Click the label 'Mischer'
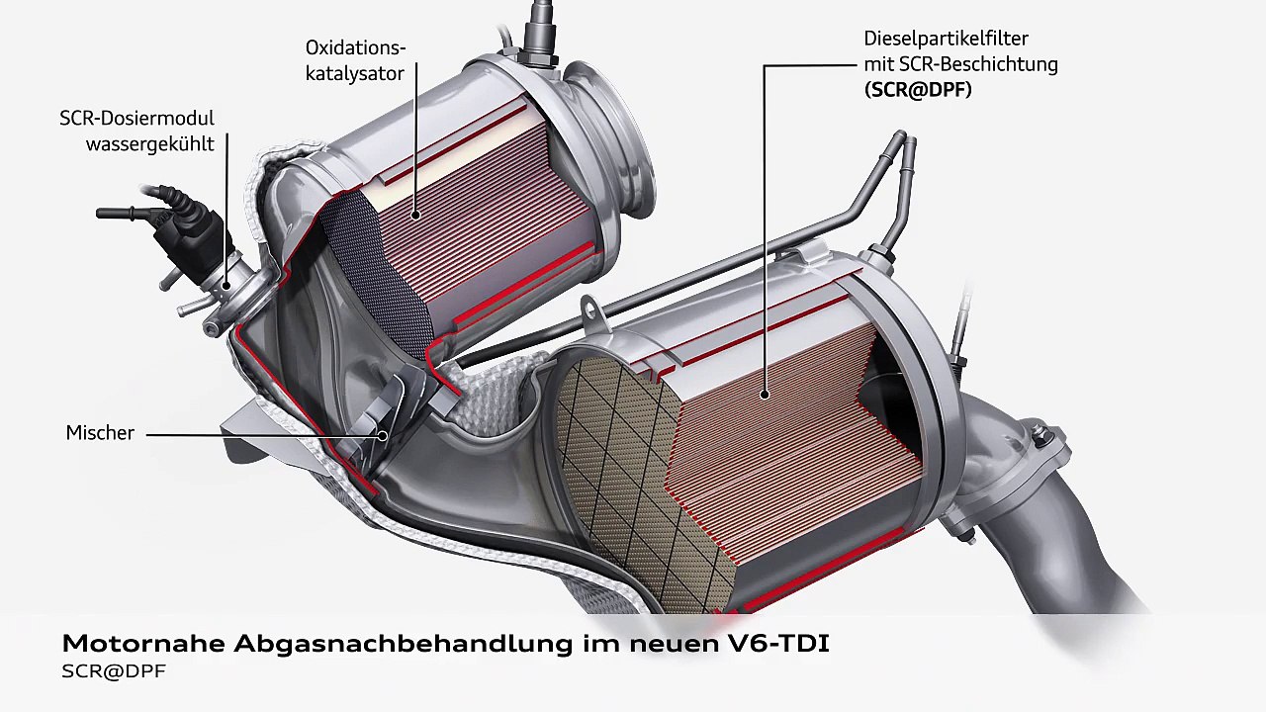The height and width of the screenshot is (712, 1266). pos(100,433)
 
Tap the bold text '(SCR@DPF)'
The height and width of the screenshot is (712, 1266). pos(918,90)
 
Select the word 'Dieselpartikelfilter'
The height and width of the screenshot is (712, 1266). pos(946,39)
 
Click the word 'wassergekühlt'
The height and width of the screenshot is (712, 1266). pos(149,144)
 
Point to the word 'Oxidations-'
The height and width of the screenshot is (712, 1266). pos(355,48)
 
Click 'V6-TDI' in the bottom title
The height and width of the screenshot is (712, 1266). pos(776,644)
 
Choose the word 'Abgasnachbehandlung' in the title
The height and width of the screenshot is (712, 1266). pos(404,644)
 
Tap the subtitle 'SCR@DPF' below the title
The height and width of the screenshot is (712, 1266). pos(114,671)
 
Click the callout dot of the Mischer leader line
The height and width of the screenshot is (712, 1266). pos(383,435)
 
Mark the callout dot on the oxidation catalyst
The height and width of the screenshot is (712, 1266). pos(416,215)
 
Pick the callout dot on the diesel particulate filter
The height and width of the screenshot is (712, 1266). pos(765,395)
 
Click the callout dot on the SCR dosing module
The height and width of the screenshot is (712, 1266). pos(227,286)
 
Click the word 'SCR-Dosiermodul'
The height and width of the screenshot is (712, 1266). pos(136,118)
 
